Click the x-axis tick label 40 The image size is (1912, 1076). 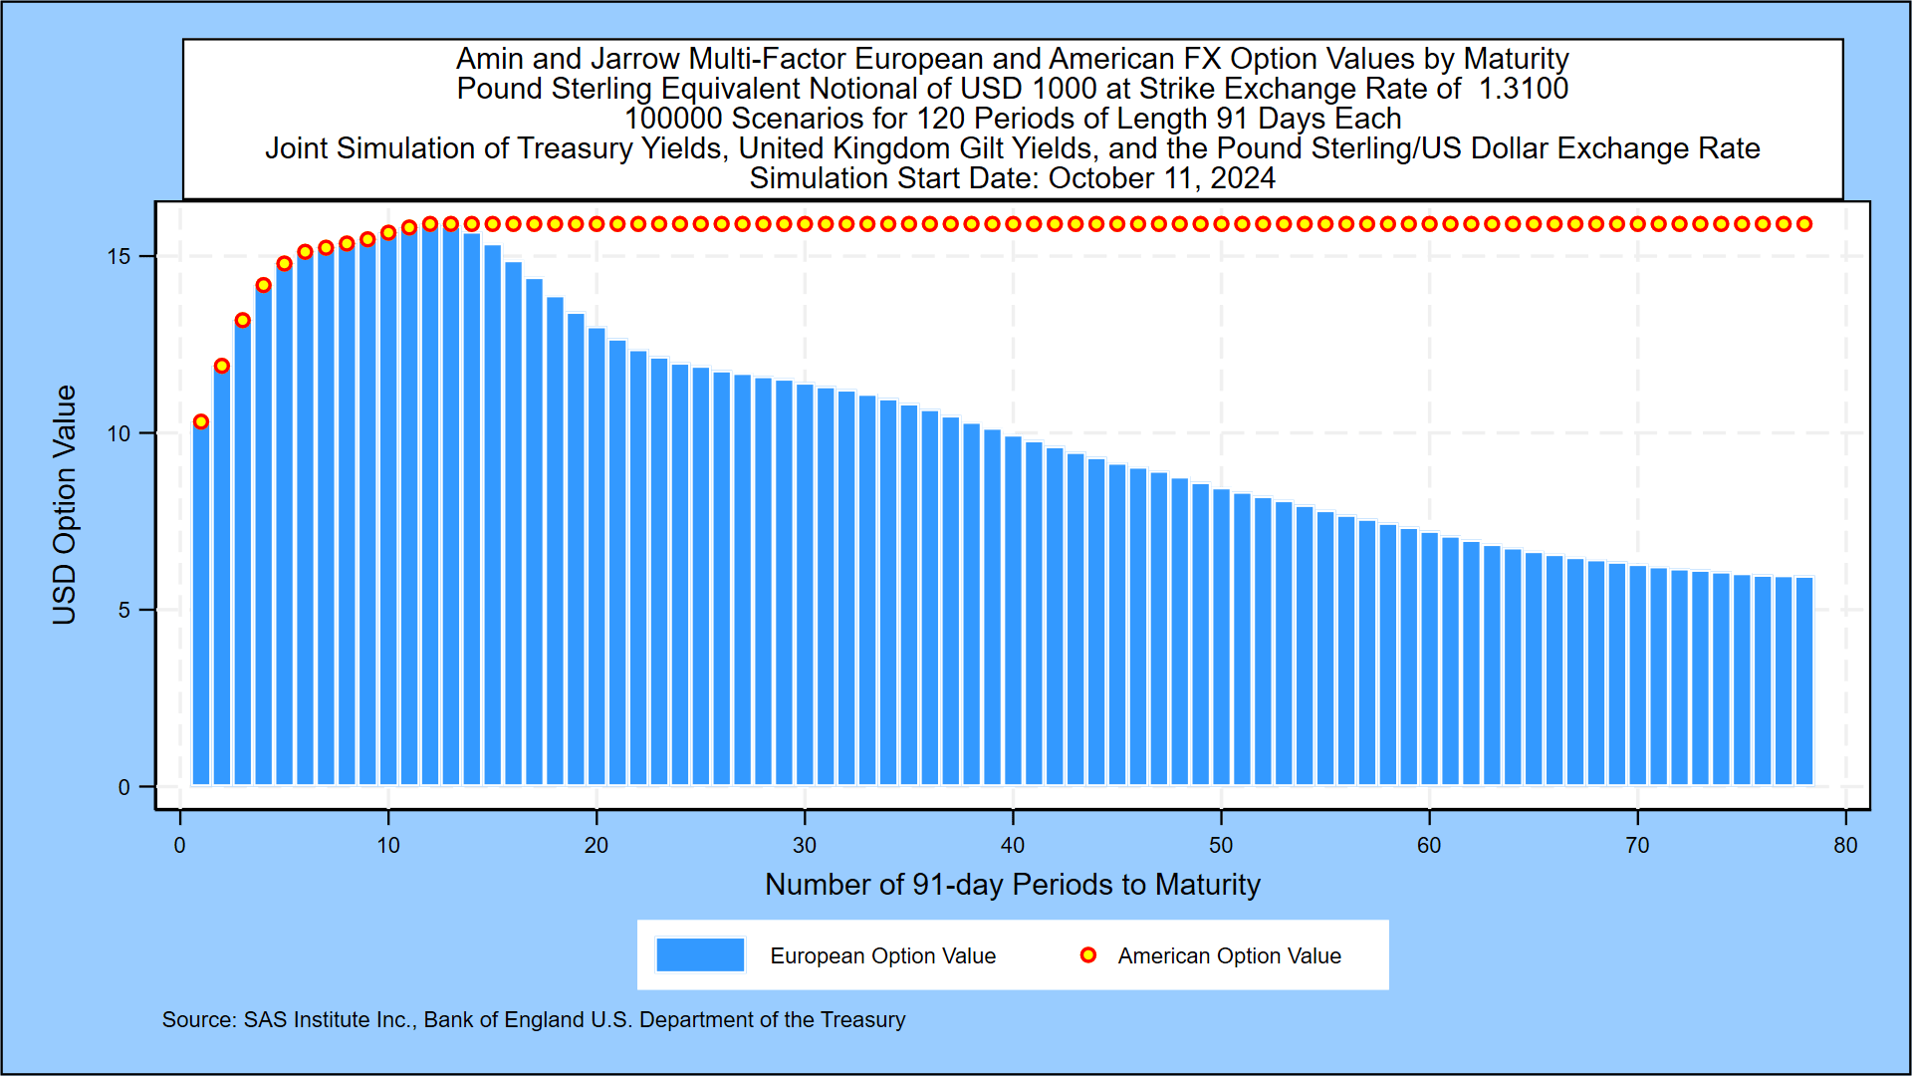point(1013,846)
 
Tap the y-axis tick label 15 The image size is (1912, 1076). point(119,257)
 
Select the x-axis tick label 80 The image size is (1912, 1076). point(1845,846)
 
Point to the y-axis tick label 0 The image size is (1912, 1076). point(123,788)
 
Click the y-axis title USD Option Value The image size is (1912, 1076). point(65,505)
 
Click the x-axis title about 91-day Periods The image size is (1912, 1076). point(1012,885)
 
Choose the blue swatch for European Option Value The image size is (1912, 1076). point(700,954)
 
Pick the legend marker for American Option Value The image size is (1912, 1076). point(1088,955)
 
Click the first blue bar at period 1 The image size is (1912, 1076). point(201,608)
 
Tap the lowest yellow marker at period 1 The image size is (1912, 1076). point(201,421)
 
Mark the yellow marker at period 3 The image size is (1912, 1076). point(243,321)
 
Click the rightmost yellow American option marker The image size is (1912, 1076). point(1804,224)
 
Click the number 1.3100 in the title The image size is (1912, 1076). point(1523,89)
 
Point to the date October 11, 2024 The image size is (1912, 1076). point(1161,178)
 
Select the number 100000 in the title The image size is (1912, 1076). point(673,119)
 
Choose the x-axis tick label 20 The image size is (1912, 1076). point(597,846)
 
